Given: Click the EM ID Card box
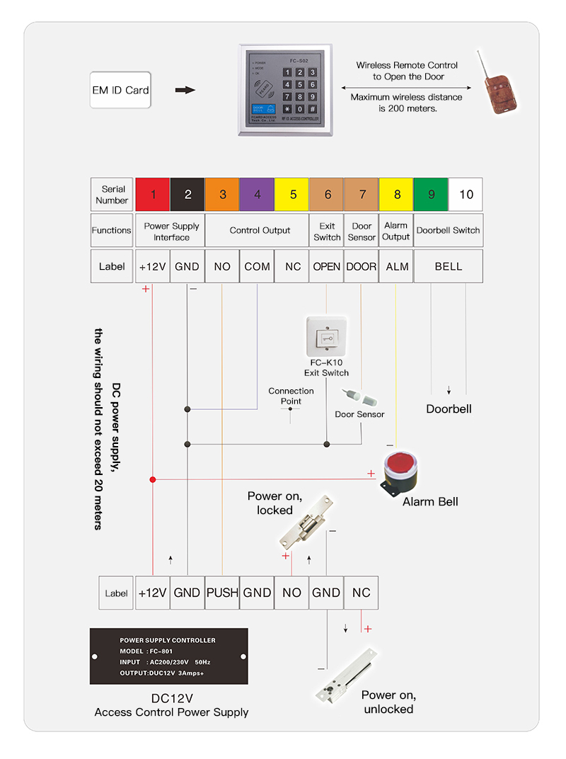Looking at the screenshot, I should [x=120, y=90].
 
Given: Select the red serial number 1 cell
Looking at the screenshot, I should [x=153, y=195].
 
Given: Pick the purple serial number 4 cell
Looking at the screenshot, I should [x=257, y=195].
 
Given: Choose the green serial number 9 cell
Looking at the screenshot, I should [x=431, y=195].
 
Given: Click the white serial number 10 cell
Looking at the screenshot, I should [x=466, y=195].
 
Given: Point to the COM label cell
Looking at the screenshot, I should [x=257, y=267].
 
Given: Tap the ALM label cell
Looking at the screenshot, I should [x=396, y=267].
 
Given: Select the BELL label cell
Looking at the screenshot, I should [x=449, y=267].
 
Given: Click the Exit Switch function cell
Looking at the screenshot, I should [x=327, y=232].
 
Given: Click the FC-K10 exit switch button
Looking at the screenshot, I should [x=327, y=338].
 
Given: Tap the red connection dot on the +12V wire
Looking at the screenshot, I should [x=153, y=479].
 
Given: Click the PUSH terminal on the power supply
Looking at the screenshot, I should [x=222, y=593].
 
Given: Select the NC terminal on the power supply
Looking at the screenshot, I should [x=361, y=593].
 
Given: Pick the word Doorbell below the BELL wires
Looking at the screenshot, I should [x=449, y=409].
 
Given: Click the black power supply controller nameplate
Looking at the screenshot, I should [x=168, y=656].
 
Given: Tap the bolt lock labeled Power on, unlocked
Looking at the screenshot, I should [x=347, y=674].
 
